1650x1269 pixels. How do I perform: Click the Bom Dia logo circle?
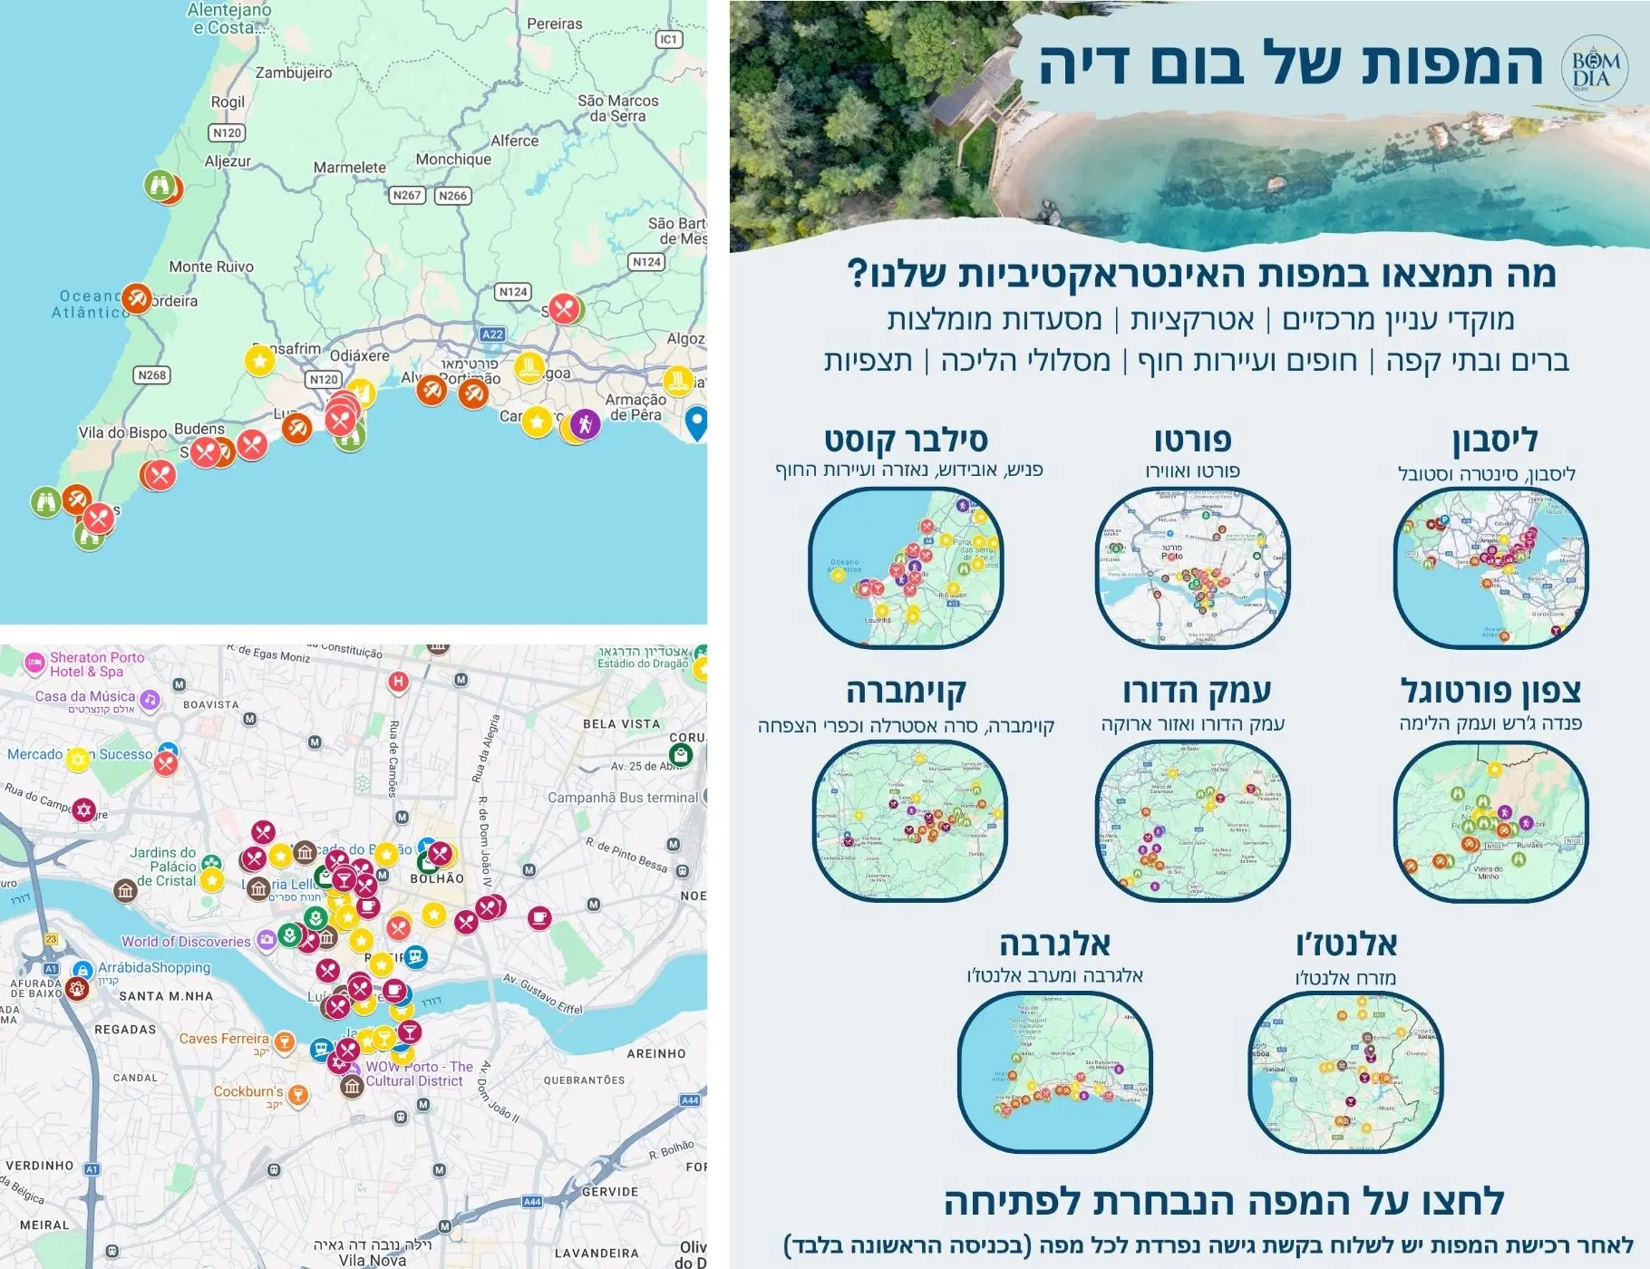(1594, 64)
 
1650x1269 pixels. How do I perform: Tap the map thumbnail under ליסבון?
(1490, 567)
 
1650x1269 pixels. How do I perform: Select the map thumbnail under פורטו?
(1192, 567)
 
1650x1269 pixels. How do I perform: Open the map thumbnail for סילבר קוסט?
(906, 567)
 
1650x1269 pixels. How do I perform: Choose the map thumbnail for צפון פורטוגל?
(1490, 820)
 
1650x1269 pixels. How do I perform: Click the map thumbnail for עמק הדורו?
(1192, 820)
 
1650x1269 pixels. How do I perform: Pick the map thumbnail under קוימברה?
(910, 820)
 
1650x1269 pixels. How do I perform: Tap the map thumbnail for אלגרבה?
(1054, 1071)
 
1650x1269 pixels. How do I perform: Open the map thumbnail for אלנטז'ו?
(1345, 1071)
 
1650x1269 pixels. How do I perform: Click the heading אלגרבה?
(1054, 944)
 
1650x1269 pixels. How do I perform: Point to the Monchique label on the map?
(453, 160)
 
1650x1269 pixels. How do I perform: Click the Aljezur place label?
(228, 161)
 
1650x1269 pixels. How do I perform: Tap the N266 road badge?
(452, 195)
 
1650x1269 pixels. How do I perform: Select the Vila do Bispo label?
(122, 432)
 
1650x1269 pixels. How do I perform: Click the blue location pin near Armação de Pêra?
(696, 422)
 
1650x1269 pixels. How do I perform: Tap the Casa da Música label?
(84, 696)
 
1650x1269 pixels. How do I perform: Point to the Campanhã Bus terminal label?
(623, 798)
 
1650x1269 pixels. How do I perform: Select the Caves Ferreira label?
(224, 1039)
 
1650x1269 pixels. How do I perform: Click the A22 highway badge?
(492, 334)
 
